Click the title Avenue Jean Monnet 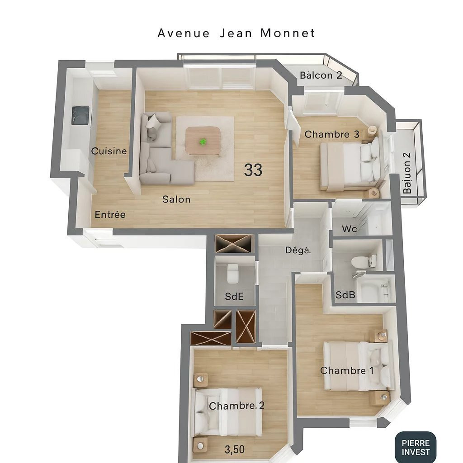pyautogui.click(x=236, y=33)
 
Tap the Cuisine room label pyautogui.click(x=109, y=151)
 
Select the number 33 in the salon pyautogui.click(x=253, y=170)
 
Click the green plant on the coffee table pyautogui.click(x=203, y=142)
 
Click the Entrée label pyautogui.click(x=110, y=214)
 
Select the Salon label pyautogui.click(x=176, y=199)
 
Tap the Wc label pyautogui.click(x=350, y=229)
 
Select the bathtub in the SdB pyautogui.click(x=373, y=290)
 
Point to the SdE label pyautogui.click(x=234, y=297)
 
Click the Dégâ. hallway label pyautogui.click(x=298, y=250)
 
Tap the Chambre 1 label pyautogui.click(x=347, y=371)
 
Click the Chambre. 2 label pyautogui.click(x=236, y=406)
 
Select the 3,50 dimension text pyautogui.click(x=235, y=449)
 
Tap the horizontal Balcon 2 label pyautogui.click(x=321, y=75)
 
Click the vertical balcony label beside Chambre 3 pyautogui.click(x=407, y=173)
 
